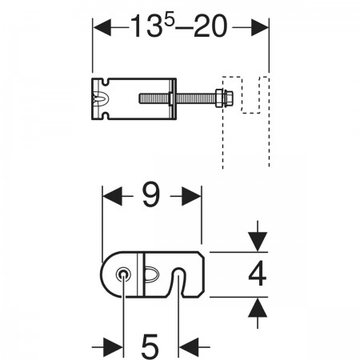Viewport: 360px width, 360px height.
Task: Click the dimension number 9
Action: [151, 195]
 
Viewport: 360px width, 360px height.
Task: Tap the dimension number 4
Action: [258, 274]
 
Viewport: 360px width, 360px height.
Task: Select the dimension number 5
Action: [150, 346]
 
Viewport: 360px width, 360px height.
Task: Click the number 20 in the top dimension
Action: [210, 26]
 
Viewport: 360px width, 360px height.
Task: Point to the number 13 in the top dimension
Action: [146, 26]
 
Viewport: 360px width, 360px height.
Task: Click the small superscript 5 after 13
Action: [169, 18]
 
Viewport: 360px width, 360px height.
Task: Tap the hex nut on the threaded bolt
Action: [219, 98]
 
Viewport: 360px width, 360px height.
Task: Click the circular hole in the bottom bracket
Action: [123, 274]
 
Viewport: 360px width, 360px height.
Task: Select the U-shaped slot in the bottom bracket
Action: [178, 282]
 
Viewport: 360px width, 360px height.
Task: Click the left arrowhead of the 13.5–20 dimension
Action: [102, 27]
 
